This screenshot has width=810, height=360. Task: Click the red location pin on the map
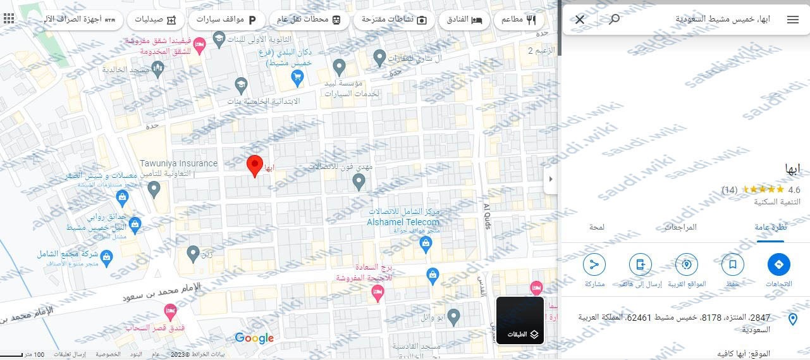click(254, 165)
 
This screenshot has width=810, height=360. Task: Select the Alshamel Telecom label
click(403, 222)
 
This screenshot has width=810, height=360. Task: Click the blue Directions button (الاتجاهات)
click(778, 264)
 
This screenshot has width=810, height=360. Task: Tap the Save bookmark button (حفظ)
click(732, 264)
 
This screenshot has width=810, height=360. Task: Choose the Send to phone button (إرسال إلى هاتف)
click(640, 264)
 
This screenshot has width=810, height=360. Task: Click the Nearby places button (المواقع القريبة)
click(687, 264)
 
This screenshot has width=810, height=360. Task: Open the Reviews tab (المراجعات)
click(680, 227)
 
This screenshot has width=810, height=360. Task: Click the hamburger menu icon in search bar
click(793, 20)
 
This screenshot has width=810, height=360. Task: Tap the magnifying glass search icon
click(613, 20)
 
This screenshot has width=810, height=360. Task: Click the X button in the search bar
click(580, 20)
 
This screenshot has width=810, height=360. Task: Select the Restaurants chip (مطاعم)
click(518, 20)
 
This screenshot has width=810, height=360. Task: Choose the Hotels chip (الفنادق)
click(460, 20)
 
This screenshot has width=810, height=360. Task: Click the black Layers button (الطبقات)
click(520, 321)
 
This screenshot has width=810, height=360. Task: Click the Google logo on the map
click(254, 338)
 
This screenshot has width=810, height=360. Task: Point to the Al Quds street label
click(487, 217)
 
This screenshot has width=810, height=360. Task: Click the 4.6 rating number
click(794, 190)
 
